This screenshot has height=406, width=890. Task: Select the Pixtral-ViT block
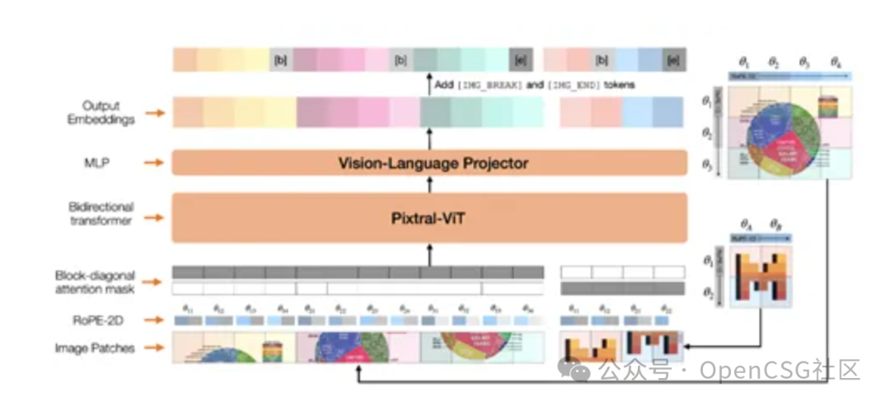429,217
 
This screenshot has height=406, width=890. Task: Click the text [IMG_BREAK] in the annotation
489,85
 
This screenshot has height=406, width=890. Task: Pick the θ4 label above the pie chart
836,62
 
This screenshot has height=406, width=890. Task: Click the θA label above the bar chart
746,224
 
